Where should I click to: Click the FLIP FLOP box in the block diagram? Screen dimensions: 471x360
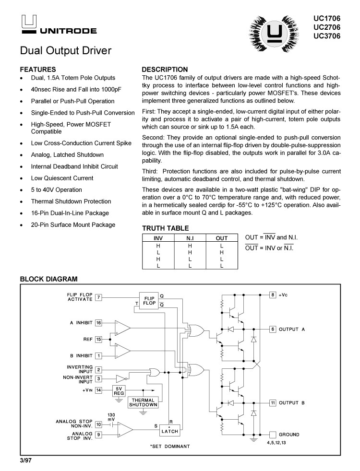click(149, 301)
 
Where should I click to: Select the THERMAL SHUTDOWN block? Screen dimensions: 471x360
click(143, 402)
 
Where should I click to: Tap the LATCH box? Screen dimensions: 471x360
click(169, 431)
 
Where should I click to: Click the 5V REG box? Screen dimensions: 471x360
click(119, 390)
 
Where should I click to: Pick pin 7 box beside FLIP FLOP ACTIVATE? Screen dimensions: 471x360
click(99, 297)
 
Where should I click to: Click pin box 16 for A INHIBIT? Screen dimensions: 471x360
click(99, 323)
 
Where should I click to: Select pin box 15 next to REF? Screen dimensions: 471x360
click(99, 340)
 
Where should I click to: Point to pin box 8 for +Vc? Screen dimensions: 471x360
click(273, 294)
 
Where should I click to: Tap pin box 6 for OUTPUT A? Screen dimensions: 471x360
click(273, 330)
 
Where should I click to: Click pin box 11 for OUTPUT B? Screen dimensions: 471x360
click(273, 403)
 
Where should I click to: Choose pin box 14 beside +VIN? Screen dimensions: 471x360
click(99, 390)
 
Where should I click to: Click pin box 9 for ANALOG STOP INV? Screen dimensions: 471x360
click(99, 435)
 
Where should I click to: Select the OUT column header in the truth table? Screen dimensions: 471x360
click(222, 238)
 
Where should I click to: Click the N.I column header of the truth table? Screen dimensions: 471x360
click(190, 238)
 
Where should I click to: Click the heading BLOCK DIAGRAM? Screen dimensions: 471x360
click(48, 279)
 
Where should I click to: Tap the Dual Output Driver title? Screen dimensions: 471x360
click(66, 51)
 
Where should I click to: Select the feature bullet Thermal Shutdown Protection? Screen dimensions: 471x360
click(71, 201)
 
